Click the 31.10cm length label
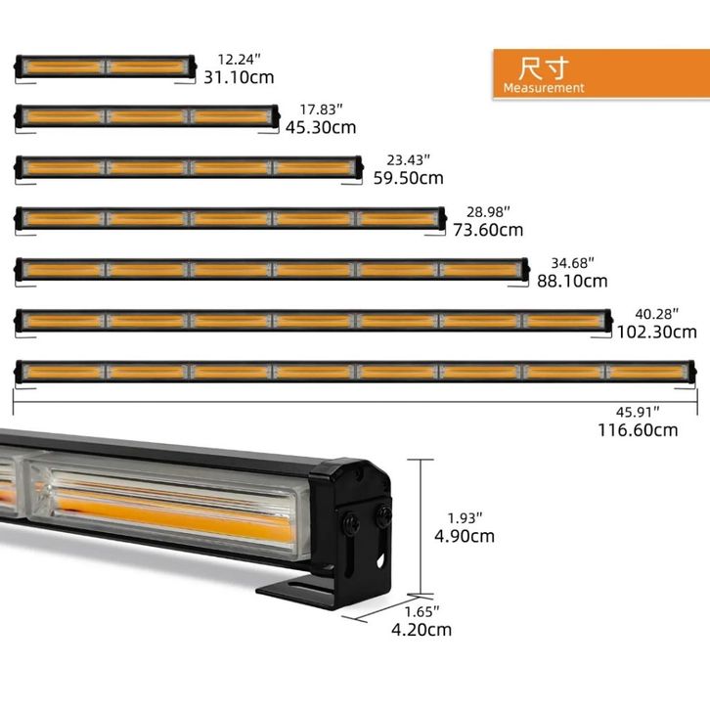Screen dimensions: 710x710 click(239, 77)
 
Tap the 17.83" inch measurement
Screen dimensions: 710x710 click(321, 110)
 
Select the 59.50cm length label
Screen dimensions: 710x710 click(409, 178)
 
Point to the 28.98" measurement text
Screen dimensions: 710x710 click(488, 211)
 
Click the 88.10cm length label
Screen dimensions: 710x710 click(572, 281)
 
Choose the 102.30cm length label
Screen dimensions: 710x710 click(657, 332)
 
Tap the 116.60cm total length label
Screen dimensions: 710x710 click(638, 430)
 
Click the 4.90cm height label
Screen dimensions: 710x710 click(465, 536)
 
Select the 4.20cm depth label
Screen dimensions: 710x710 click(422, 630)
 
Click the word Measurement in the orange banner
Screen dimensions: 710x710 click(544, 88)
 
